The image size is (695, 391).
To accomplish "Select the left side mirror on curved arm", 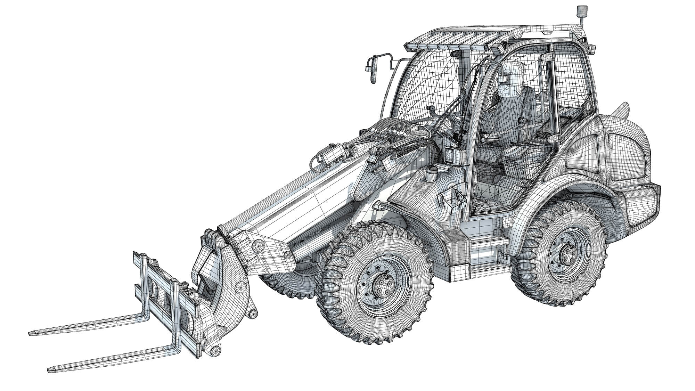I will (371, 71).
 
